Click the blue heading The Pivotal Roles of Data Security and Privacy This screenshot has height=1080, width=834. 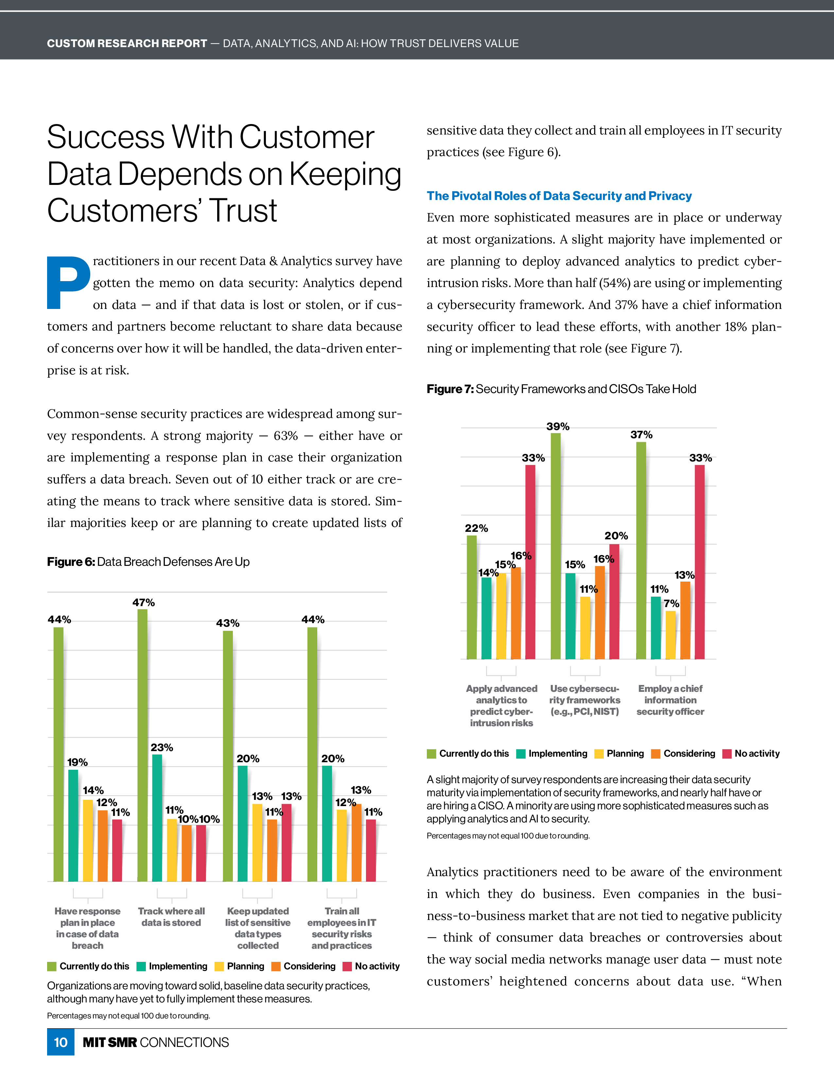point(559,196)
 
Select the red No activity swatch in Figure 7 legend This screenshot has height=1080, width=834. point(726,754)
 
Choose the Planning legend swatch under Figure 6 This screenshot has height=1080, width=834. point(219,966)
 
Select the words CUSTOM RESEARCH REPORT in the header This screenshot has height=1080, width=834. point(127,44)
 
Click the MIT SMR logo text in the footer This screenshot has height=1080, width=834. point(110,1042)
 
